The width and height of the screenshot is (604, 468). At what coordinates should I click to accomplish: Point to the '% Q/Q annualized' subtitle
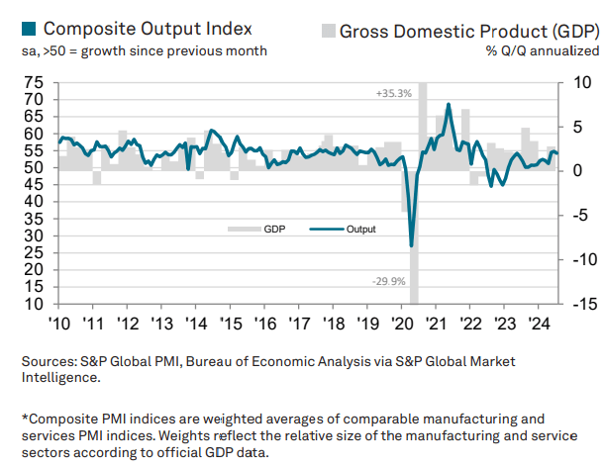[542, 50]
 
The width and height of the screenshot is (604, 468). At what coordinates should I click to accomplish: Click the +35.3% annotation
[393, 93]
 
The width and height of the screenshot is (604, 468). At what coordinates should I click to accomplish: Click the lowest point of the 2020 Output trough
[411, 244]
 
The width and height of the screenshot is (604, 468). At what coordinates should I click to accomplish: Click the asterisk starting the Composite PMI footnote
[26, 418]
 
